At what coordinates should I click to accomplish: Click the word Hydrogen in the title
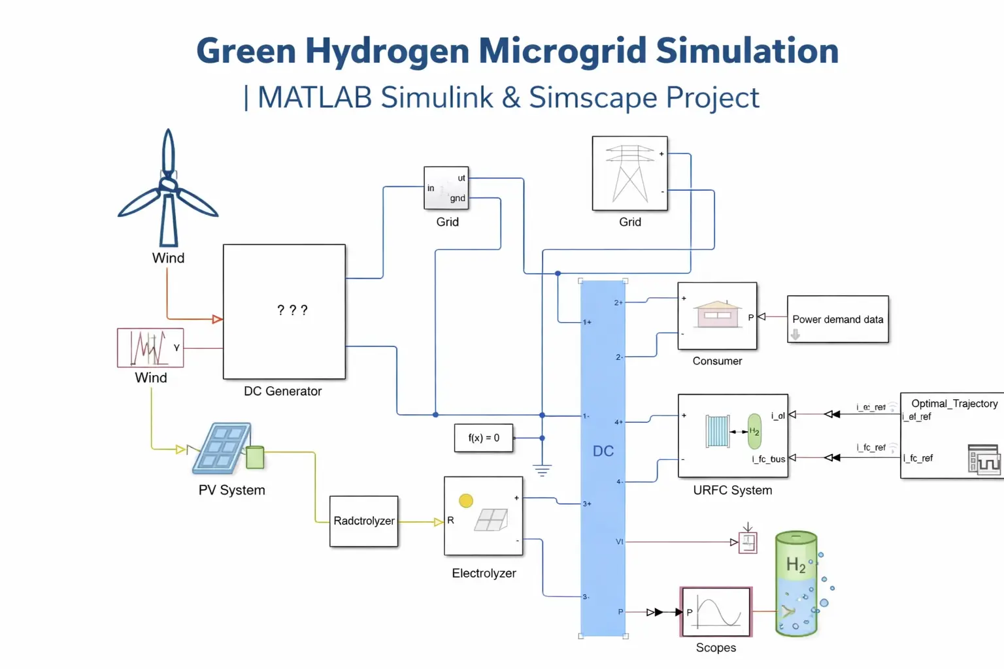(387, 51)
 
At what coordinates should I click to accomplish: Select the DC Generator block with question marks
(284, 311)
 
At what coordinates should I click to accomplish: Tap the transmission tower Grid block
(629, 173)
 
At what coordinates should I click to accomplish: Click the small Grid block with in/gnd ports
(446, 188)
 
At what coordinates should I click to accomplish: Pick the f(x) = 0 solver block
(484, 438)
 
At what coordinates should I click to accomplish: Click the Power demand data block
(837, 319)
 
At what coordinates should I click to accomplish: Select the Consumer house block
(717, 316)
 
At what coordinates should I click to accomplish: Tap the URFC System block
(733, 436)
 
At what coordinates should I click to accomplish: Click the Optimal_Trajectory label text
(954, 403)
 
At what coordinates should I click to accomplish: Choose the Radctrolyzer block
(364, 521)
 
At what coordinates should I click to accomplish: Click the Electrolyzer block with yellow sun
(484, 516)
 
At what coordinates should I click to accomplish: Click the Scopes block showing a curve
(716, 612)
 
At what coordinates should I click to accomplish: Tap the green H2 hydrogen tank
(796, 583)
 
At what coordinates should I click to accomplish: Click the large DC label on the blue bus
(603, 451)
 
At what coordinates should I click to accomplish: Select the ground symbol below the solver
(542, 470)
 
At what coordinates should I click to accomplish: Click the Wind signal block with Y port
(150, 348)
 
